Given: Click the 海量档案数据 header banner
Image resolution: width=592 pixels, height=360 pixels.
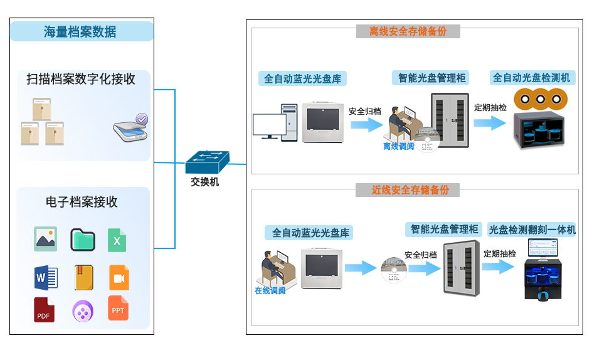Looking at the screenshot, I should pos(81,31).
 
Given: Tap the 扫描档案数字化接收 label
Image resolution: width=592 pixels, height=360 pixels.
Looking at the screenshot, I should pos(81,79).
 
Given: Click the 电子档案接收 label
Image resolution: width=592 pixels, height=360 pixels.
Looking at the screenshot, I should pos(82,202).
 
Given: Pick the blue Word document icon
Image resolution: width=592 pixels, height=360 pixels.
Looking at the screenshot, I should pos(46,277).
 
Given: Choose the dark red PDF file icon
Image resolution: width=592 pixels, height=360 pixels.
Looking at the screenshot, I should pos(44,310).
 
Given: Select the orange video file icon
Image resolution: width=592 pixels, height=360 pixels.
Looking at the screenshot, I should pos(119,277).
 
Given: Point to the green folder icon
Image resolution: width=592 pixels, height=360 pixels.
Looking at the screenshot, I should pos(82,240).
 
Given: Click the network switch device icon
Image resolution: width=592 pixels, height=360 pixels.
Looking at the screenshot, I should pos(207,162).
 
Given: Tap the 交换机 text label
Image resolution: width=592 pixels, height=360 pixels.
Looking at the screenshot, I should pos(205,183).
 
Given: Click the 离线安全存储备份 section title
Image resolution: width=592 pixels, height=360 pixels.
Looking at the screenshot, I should pos(408,31).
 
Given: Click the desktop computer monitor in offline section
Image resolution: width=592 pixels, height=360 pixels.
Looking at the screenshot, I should pos(269,125).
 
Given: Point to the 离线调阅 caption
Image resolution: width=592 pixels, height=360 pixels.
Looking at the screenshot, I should pos(399,147).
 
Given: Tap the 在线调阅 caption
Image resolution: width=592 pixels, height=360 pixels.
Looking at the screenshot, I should pos(270,290).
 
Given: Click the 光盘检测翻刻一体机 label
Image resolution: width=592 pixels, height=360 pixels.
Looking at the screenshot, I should pos(532,230).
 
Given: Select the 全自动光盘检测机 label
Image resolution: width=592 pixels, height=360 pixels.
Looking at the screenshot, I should pos(531,78).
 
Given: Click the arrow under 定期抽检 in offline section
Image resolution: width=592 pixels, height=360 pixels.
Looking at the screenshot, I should pos(490,122).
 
